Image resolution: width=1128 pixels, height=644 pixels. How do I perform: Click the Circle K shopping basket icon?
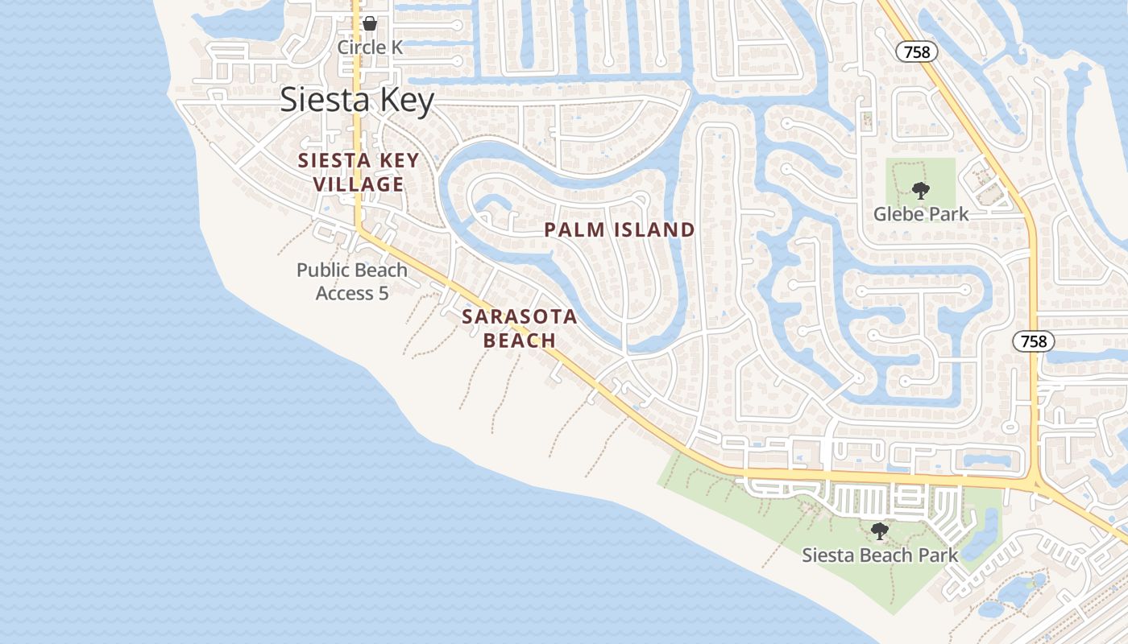coord(369,23)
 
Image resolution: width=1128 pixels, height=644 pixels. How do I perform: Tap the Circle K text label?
coord(369,47)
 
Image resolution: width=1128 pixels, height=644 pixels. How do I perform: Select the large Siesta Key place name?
coord(357,100)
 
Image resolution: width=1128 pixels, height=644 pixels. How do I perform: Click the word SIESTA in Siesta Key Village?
coord(327,160)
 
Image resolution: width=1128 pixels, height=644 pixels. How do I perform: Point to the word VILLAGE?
coord(359,184)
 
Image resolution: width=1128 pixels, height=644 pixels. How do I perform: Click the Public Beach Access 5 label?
coord(352,281)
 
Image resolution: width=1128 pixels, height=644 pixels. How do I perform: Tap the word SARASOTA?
coord(520,316)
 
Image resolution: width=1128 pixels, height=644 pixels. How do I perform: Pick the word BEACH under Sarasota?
coord(520,341)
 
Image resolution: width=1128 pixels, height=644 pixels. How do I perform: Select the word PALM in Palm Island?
coord(573,230)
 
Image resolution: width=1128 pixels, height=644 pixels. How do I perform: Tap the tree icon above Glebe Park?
coord(920,191)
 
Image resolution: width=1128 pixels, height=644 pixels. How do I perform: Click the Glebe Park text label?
coord(921,214)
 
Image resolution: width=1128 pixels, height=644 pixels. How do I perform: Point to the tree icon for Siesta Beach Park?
coord(880,531)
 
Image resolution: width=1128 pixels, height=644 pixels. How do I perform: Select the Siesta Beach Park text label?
coord(880,555)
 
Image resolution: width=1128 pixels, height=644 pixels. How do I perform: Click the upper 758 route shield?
coord(917,52)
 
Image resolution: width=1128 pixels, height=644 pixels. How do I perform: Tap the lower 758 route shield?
coord(1033,341)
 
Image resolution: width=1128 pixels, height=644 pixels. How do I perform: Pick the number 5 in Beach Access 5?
coord(383,293)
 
